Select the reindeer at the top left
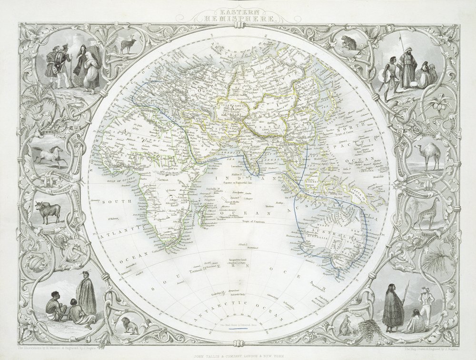click(127, 45)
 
